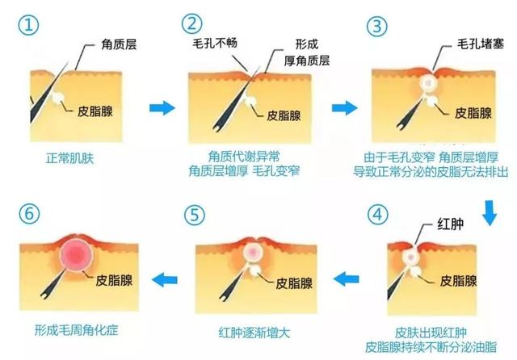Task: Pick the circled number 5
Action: click(x=196, y=217)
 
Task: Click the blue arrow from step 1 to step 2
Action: click(x=162, y=107)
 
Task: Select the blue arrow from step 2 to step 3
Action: click(x=346, y=107)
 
